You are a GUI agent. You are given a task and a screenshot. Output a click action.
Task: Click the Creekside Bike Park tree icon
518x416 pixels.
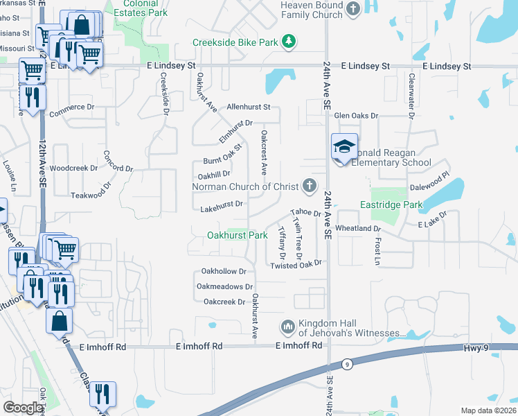[x=289, y=42]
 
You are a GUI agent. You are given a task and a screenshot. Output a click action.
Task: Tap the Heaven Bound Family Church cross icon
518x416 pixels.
[x=354, y=9]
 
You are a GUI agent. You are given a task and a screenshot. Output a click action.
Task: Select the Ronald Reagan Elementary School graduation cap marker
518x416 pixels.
[x=344, y=148]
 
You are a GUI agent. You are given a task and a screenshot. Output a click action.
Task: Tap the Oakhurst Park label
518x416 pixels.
[x=238, y=235]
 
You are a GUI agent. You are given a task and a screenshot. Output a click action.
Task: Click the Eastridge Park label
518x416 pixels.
[x=391, y=205]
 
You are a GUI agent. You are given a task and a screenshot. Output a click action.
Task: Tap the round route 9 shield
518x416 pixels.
[x=346, y=365]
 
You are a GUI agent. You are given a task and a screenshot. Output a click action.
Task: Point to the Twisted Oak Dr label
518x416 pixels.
[x=296, y=265]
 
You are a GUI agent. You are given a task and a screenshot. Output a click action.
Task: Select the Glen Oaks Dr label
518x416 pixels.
[x=356, y=116]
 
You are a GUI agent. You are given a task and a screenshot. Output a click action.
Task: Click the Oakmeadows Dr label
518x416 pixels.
[x=225, y=286]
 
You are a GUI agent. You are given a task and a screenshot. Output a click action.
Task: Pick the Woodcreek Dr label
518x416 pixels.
[x=73, y=168]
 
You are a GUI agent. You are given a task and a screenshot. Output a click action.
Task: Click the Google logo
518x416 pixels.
[x=23, y=407]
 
